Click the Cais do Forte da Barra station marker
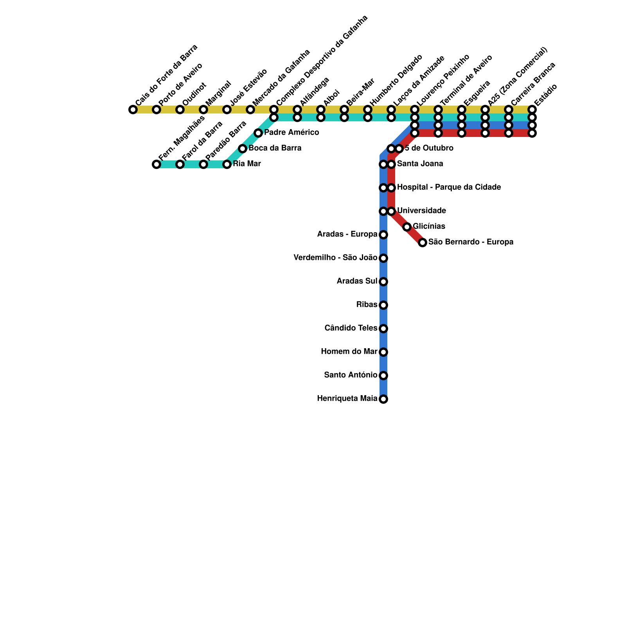[133, 110]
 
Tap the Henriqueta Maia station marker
[383, 399]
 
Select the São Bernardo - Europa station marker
[423, 243]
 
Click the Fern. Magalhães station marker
[156, 164]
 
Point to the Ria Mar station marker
[227, 164]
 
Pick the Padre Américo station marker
[258, 133]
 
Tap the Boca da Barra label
[275, 148]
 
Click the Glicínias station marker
[407, 227]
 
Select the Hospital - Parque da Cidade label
[449, 187]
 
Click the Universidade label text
[421, 211]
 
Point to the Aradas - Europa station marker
[383, 235]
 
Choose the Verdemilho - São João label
[335, 258]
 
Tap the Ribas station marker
[383, 305]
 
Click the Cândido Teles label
[351, 328]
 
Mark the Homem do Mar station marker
[383, 352]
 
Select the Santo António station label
[351, 375]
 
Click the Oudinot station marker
[180, 110]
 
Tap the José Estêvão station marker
[227, 110]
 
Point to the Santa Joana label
[420, 164]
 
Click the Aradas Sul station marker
[383, 282]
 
